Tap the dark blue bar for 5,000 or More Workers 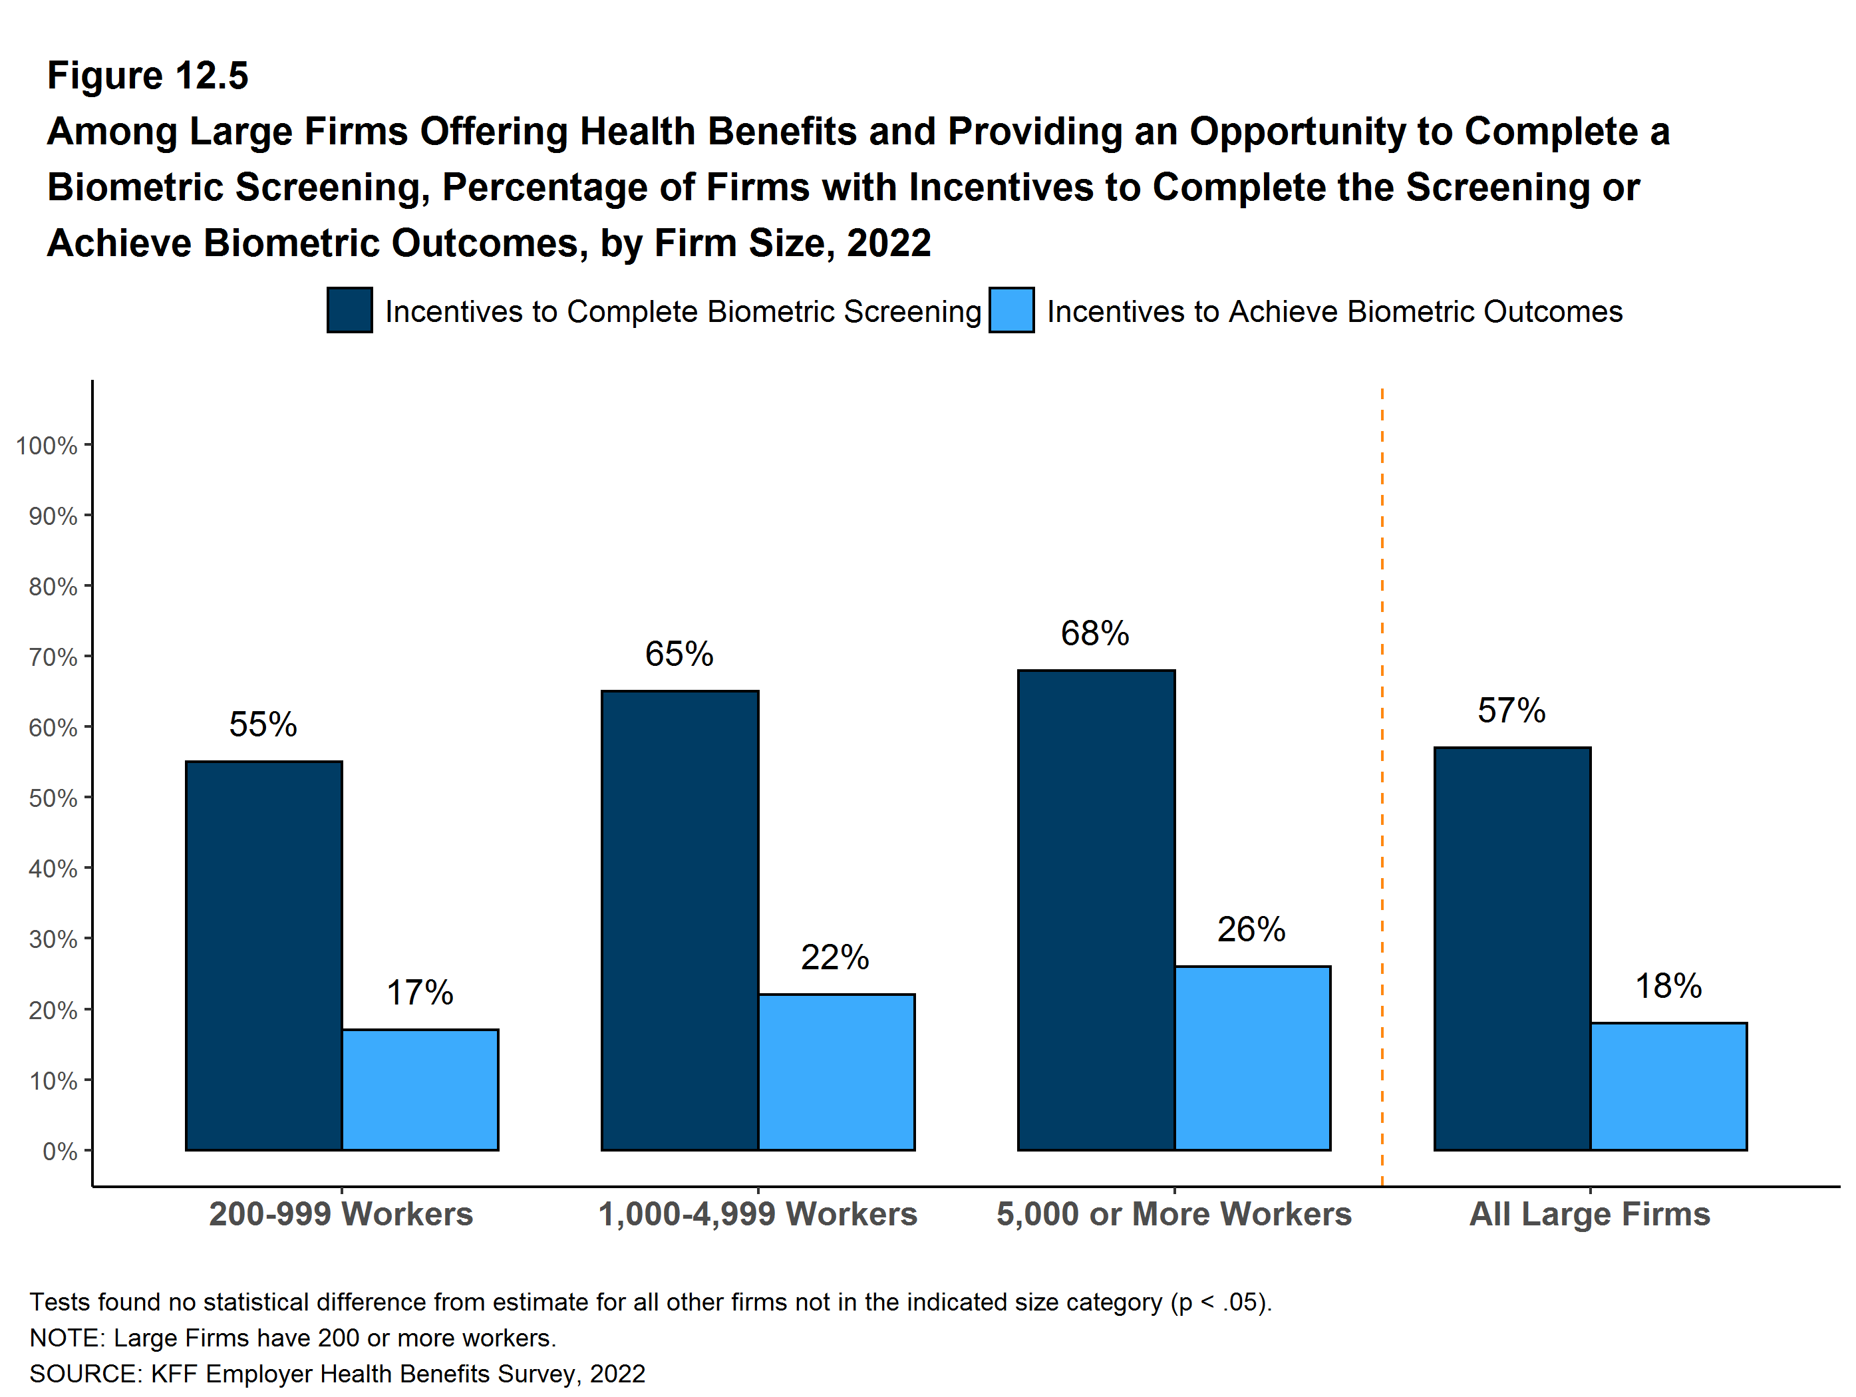click(x=1096, y=909)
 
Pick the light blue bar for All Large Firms click(x=1668, y=1086)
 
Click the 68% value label click(x=1094, y=633)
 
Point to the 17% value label click(x=420, y=993)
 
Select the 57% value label click(x=1511, y=710)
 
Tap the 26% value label click(x=1251, y=929)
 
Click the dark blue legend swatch click(x=350, y=311)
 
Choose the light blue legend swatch click(x=1011, y=311)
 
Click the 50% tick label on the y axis click(x=52, y=798)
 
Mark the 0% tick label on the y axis click(x=60, y=1151)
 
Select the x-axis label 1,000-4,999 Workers click(x=758, y=1214)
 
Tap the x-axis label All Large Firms click(x=1589, y=1214)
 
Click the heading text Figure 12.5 click(x=148, y=76)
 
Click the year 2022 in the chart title click(x=889, y=243)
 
